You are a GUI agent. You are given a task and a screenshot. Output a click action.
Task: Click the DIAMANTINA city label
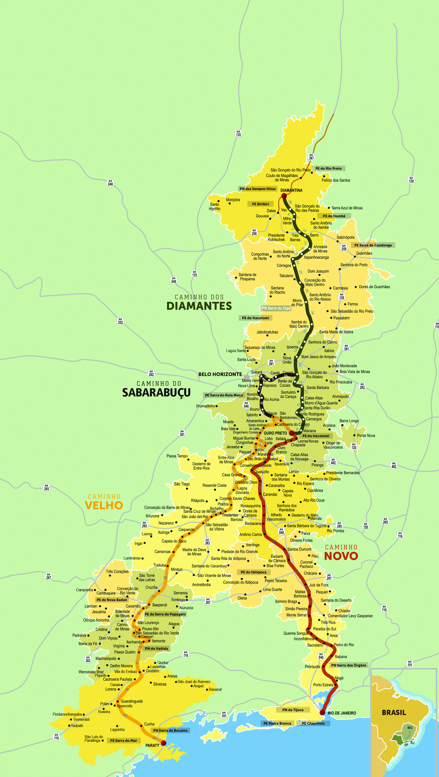(291, 190)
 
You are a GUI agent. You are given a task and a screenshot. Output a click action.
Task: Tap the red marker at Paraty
(163, 743)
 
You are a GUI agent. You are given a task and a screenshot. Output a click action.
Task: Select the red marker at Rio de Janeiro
(322, 712)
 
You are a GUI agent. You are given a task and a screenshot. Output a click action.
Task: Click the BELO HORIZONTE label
(220, 374)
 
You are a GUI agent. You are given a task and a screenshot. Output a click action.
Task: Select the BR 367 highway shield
(311, 157)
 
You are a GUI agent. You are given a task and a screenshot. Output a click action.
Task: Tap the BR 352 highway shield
(120, 321)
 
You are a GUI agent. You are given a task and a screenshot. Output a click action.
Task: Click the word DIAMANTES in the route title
(199, 306)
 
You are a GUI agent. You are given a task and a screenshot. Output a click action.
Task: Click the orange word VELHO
(104, 505)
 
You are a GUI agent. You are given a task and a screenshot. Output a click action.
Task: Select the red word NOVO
(341, 556)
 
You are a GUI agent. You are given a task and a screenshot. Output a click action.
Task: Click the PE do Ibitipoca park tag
(253, 572)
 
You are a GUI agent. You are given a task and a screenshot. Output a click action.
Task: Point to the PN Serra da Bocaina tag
(170, 730)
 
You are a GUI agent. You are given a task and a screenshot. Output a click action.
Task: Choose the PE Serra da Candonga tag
(373, 245)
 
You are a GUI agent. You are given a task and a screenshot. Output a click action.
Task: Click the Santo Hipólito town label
(214, 207)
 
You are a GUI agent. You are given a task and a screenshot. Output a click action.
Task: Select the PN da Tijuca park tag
(293, 710)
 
